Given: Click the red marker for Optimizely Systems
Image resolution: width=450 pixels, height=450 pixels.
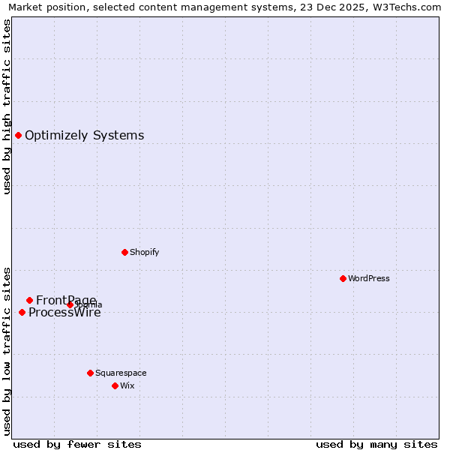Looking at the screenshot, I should click(x=18, y=135).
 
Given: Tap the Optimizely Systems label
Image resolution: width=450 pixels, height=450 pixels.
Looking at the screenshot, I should click(x=84, y=136).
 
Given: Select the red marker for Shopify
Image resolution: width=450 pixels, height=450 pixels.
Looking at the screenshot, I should click(x=124, y=252).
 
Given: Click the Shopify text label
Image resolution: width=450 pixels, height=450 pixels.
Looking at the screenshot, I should click(x=144, y=253).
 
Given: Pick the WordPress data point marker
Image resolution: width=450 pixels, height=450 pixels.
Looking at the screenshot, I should click(x=343, y=278).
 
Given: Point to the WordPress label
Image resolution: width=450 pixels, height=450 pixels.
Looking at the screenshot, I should click(x=369, y=279).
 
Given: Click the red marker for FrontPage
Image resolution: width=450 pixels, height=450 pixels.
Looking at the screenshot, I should click(x=29, y=300).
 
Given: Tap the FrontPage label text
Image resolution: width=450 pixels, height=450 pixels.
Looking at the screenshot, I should click(x=66, y=301).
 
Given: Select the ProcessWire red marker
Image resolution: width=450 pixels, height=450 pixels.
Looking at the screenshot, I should click(x=22, y=312).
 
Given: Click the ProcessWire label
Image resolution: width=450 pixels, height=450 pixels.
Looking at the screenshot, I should click(x=64, y=313).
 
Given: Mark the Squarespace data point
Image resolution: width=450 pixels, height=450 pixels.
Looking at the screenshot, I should click(x=90, y=373).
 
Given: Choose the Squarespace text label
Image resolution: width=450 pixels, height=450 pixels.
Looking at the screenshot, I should click(x=121, y=373).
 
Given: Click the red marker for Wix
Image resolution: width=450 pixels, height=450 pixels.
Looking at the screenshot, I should click(x=115, y=385).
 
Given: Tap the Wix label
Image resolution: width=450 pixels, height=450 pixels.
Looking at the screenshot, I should click(x=127, y=386).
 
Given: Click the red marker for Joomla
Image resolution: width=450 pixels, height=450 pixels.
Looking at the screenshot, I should click(x=70, y=304).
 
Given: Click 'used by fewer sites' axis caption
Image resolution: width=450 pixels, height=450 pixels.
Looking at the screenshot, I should click(x=77, y=444).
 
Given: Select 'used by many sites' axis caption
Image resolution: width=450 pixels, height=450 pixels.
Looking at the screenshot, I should click(x=376, y=444).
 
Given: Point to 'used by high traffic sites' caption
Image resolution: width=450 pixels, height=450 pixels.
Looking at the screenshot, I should click(x=7, y=106).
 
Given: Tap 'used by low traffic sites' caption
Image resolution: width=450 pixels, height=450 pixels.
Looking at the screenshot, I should click(x=7, y=350).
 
